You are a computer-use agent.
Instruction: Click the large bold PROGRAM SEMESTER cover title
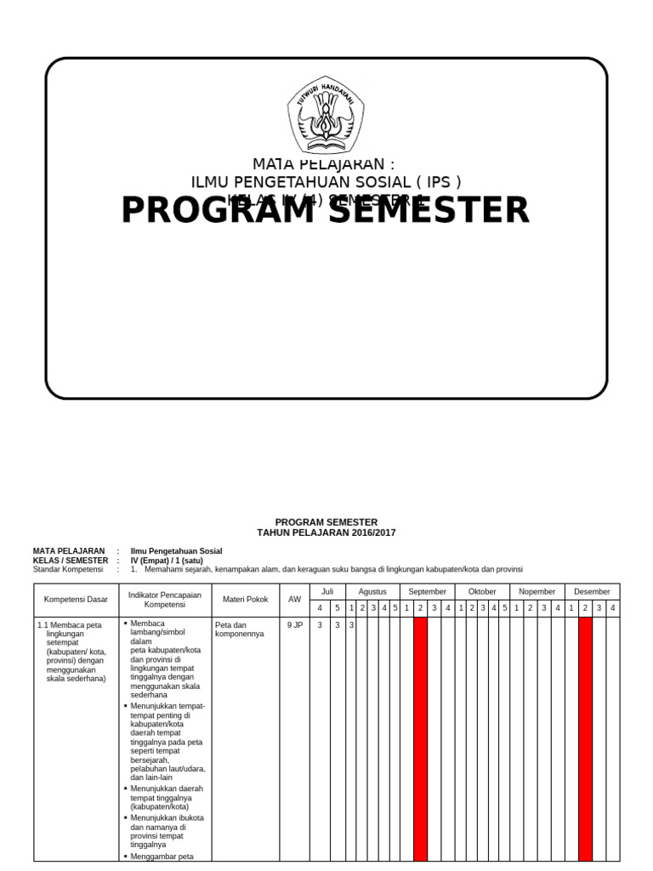(x=326, y=210)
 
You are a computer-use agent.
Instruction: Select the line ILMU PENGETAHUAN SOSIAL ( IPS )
(x=326, y=181)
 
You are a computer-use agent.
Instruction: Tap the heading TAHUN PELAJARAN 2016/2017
(x=326, y=533)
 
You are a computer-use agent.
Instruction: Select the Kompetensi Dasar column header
(x=77, y=600)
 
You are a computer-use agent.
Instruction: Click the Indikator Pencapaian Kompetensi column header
(x=165, y=600)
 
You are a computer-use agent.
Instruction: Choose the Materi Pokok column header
(x=245, y=600)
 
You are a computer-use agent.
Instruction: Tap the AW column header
(x=294, y=600)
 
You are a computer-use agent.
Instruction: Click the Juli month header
(x=327, y=591)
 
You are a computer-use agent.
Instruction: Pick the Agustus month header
(x=372, y=591)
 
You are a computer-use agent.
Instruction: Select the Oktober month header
(x=481, y=591)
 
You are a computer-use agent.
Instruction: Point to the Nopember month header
(x=537, y=591)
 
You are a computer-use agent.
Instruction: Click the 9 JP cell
(x=294, y=624)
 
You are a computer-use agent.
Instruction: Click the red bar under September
(x=420, y=740)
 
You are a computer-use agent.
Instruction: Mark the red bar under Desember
(x=585, y=740)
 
